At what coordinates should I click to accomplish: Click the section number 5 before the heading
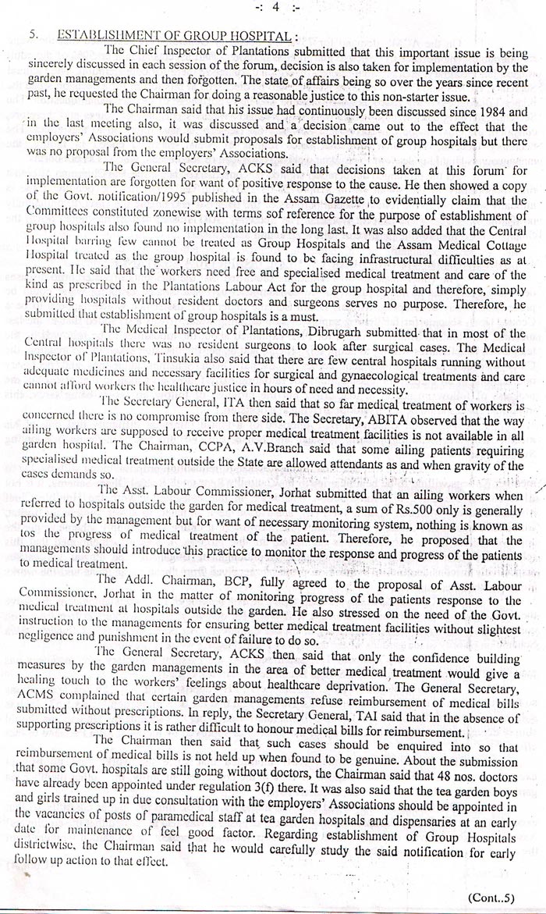(x=32, y=36)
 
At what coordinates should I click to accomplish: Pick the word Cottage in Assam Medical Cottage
(x=502, y=242)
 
